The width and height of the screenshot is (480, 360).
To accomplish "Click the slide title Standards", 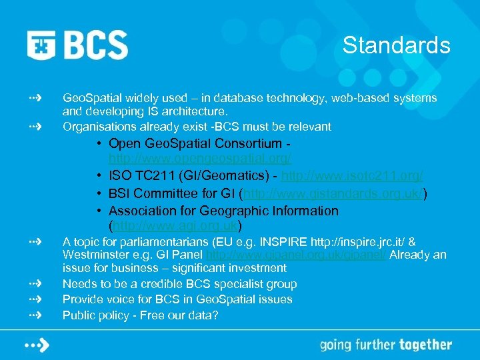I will [396, 45].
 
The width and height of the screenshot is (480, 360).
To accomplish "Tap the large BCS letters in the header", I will [96, 45].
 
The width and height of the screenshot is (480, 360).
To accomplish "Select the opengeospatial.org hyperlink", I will [200, 159].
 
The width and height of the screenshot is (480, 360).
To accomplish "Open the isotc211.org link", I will [353, 176].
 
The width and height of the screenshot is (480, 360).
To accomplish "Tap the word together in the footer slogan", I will [425, 345].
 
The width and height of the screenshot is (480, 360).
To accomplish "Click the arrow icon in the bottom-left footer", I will [38, 345].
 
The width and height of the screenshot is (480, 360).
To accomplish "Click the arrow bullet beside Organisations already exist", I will [35, 125].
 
